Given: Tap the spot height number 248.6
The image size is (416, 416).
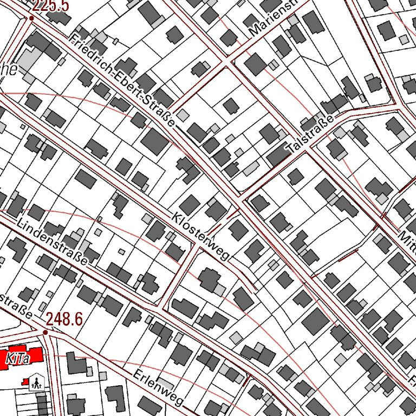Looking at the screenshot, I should coord(64,319).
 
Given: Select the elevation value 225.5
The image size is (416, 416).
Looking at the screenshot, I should coord(50,6).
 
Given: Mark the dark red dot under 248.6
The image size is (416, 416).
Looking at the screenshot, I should coord(45,331).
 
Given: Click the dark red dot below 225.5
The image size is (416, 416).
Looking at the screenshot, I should coord(31,18).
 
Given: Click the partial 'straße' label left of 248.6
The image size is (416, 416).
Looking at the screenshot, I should coord(16,306).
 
